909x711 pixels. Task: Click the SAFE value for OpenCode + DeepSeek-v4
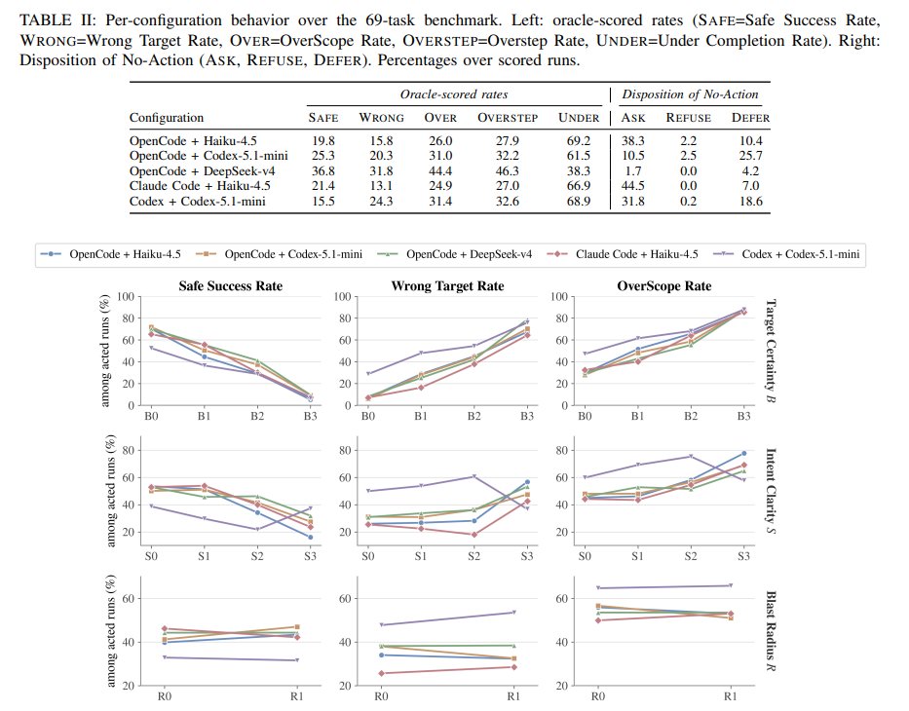click(x=322, y=171)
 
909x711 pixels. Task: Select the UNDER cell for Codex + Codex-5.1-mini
click(x=578, y=201)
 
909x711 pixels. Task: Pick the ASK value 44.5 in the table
click(x=632, y=186)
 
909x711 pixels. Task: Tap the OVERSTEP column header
click(x=508, y=118)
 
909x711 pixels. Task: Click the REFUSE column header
click(x=688, y=118)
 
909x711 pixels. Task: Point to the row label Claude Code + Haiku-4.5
click(x=200, y=186)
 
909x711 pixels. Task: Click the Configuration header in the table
click(x=167, y=118)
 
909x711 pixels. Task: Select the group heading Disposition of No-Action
click(x=690, y=94)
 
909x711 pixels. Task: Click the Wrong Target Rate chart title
click(x=447, y=286)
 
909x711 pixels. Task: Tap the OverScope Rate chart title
click(x=663, y=286)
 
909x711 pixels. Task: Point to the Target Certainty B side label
click(x=771, y=351)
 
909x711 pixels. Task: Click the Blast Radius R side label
click(x=771, y=631)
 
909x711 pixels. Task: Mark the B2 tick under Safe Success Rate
click(x=257, y=416)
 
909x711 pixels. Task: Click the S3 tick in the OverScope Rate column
click(x=743, y=556)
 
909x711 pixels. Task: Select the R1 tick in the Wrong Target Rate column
click(x=513, y=696)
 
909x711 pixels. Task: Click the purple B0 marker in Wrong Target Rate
click(x=368, y=374)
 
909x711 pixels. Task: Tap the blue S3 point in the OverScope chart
click(x=743, y=453)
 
